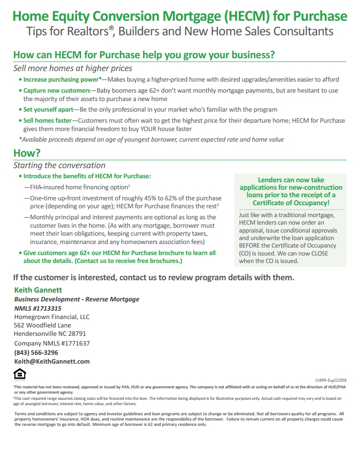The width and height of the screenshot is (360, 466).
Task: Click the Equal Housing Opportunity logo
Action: tap(20, 375)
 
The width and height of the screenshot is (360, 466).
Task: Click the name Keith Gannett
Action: tap(38, 290)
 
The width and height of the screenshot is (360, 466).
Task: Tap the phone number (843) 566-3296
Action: tap(36, 353)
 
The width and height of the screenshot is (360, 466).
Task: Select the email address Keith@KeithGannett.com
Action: tap(52, 361)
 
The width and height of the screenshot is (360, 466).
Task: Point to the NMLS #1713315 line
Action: tap(37, 308)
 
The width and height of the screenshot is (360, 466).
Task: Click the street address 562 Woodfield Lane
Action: tap(42, 325)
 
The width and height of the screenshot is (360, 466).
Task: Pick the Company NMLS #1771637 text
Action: tap(52, 343)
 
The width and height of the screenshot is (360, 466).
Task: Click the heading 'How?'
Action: tap(27, 153)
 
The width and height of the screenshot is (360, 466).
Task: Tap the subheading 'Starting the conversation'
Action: tap(59, 165)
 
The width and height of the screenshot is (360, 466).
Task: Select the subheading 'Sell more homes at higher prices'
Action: tap(73, 68)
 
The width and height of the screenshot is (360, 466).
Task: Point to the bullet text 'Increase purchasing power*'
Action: tap(62, 80)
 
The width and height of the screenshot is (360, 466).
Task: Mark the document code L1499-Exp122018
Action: tap(330, 380)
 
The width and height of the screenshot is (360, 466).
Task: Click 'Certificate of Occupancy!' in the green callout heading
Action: tap(291, 203)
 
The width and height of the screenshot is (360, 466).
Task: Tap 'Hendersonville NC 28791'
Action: tap(50, 334)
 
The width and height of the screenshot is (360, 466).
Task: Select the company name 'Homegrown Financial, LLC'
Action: tap(52, 317)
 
